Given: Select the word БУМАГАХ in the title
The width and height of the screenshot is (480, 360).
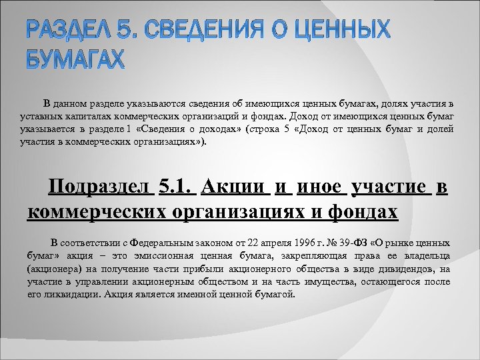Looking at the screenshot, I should pos(75,60).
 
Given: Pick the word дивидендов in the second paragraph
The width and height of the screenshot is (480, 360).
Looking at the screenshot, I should pos(404,269).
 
